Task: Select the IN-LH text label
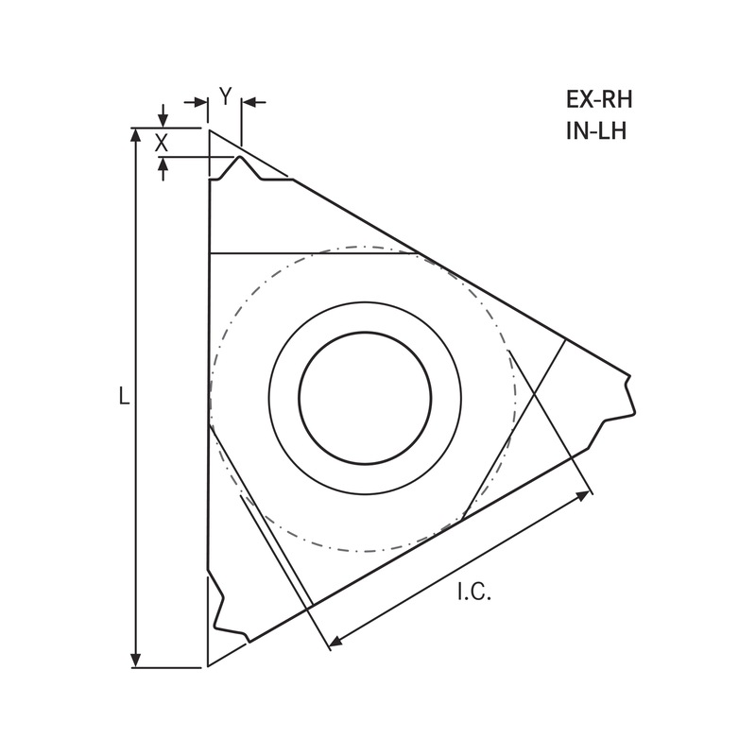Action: click(596, 130)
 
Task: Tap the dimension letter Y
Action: click(225, 94)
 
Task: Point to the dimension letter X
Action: click(162, 143)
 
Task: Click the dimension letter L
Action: click(123, 397)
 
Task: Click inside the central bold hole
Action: click(365, 397)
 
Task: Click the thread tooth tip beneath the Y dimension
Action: click(241, 159)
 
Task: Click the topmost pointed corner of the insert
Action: click(209, 130)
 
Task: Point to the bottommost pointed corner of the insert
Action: click(209, 666)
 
